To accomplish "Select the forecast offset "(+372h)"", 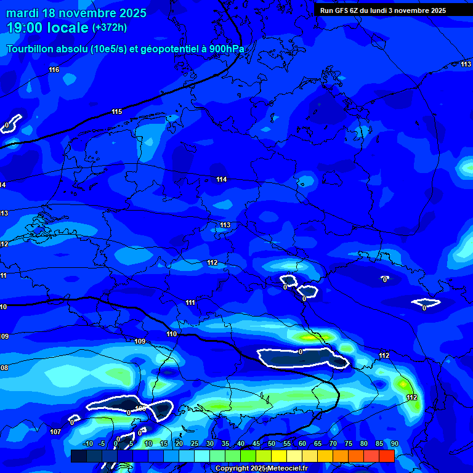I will point(109,28).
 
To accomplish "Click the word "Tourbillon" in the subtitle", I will point(31,49).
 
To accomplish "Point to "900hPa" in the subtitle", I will point(226,49).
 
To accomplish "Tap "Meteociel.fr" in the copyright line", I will point(285,469).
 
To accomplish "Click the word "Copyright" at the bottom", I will point(232,469).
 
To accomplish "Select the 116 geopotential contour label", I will point(54,70).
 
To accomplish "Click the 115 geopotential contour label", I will point(117,111).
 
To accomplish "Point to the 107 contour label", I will point(55,432).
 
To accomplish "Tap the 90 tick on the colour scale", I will point(394,444).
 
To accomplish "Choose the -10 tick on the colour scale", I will point(87,444).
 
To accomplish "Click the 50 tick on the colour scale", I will point(272,444).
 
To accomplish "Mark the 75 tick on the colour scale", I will point(349,444).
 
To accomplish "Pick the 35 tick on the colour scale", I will point(225,444).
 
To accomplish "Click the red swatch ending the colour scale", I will point(386,456).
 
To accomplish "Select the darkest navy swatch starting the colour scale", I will point(78,456).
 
